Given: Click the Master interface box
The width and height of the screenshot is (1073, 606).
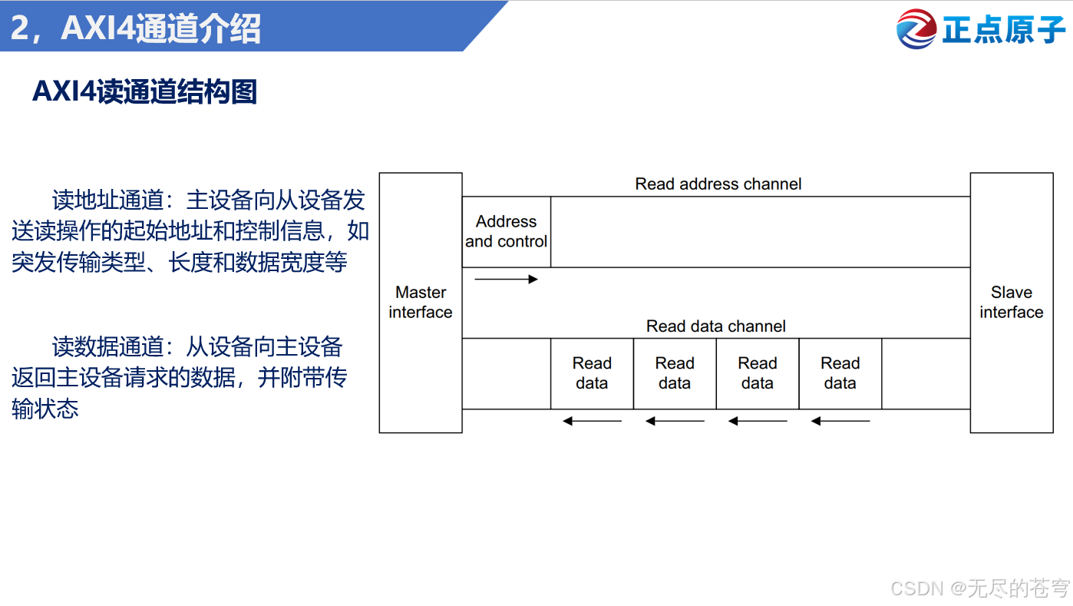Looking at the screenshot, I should [421, 303].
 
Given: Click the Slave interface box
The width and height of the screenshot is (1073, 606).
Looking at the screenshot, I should [1011, 303].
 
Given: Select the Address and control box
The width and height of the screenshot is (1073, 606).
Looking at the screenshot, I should [506, 232].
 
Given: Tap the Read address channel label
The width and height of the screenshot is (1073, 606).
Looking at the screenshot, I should [718, 184].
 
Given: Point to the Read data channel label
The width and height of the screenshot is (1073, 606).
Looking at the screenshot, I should [715, 326].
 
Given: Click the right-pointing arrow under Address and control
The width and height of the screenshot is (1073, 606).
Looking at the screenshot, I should [506, 279].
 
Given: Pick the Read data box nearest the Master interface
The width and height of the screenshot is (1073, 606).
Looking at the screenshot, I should [592, 373].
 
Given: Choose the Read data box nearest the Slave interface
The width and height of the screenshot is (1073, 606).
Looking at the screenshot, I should [840, 373].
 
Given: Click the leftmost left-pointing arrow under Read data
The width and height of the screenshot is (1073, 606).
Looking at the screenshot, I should [592, 421].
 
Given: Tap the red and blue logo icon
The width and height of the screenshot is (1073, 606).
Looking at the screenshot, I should [916, 29].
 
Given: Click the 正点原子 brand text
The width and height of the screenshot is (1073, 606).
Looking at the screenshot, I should [1004, 30].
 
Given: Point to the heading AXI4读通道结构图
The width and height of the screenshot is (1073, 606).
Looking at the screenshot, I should [144, 91].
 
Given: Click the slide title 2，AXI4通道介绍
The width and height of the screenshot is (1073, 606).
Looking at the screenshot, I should [136, 28].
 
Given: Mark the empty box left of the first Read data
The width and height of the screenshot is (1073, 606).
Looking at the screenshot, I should [506, 373].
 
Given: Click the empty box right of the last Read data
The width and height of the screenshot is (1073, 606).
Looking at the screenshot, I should [926, 373].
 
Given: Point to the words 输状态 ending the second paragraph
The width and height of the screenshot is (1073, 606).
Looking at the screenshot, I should [45, 408].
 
